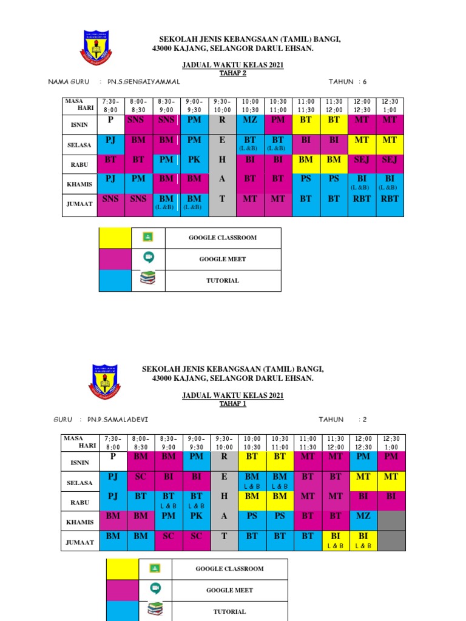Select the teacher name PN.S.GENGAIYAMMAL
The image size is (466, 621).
pyautogui.click(x=144, y=81)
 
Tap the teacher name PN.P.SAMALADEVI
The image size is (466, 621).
pyautogui.click(x=118, y=419)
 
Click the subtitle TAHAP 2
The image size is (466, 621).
pyautogui.click(x=233, y=73)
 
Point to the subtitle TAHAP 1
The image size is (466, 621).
pyautogui.click(x=233, y=404)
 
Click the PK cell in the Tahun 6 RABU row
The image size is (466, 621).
pyautogui.click(x=194, y=160)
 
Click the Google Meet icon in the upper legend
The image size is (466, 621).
pyautogui.click(x=147, y=258)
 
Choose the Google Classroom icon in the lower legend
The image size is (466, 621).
pyautogui.click(x=155, y=568)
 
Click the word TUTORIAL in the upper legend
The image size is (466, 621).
pyautogui.click(x=222, y=281)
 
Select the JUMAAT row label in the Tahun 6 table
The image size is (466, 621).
pyautogui.click(x=80, y=204)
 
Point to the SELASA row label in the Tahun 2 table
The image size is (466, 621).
pyautogui.click(x=80, y=483)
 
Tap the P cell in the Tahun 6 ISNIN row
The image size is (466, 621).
pyautogui.click(x=110, y=121)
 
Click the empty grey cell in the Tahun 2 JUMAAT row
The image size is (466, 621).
pyautogui.click(x=391, y=539)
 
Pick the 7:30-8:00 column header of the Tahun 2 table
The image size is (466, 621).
pyautogui.click(x=113, y=441)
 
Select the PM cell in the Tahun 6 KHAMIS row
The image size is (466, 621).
pyautogui.click(x=138, y=180)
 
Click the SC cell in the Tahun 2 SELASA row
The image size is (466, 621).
pyautogui.click(x=141, y=477)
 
